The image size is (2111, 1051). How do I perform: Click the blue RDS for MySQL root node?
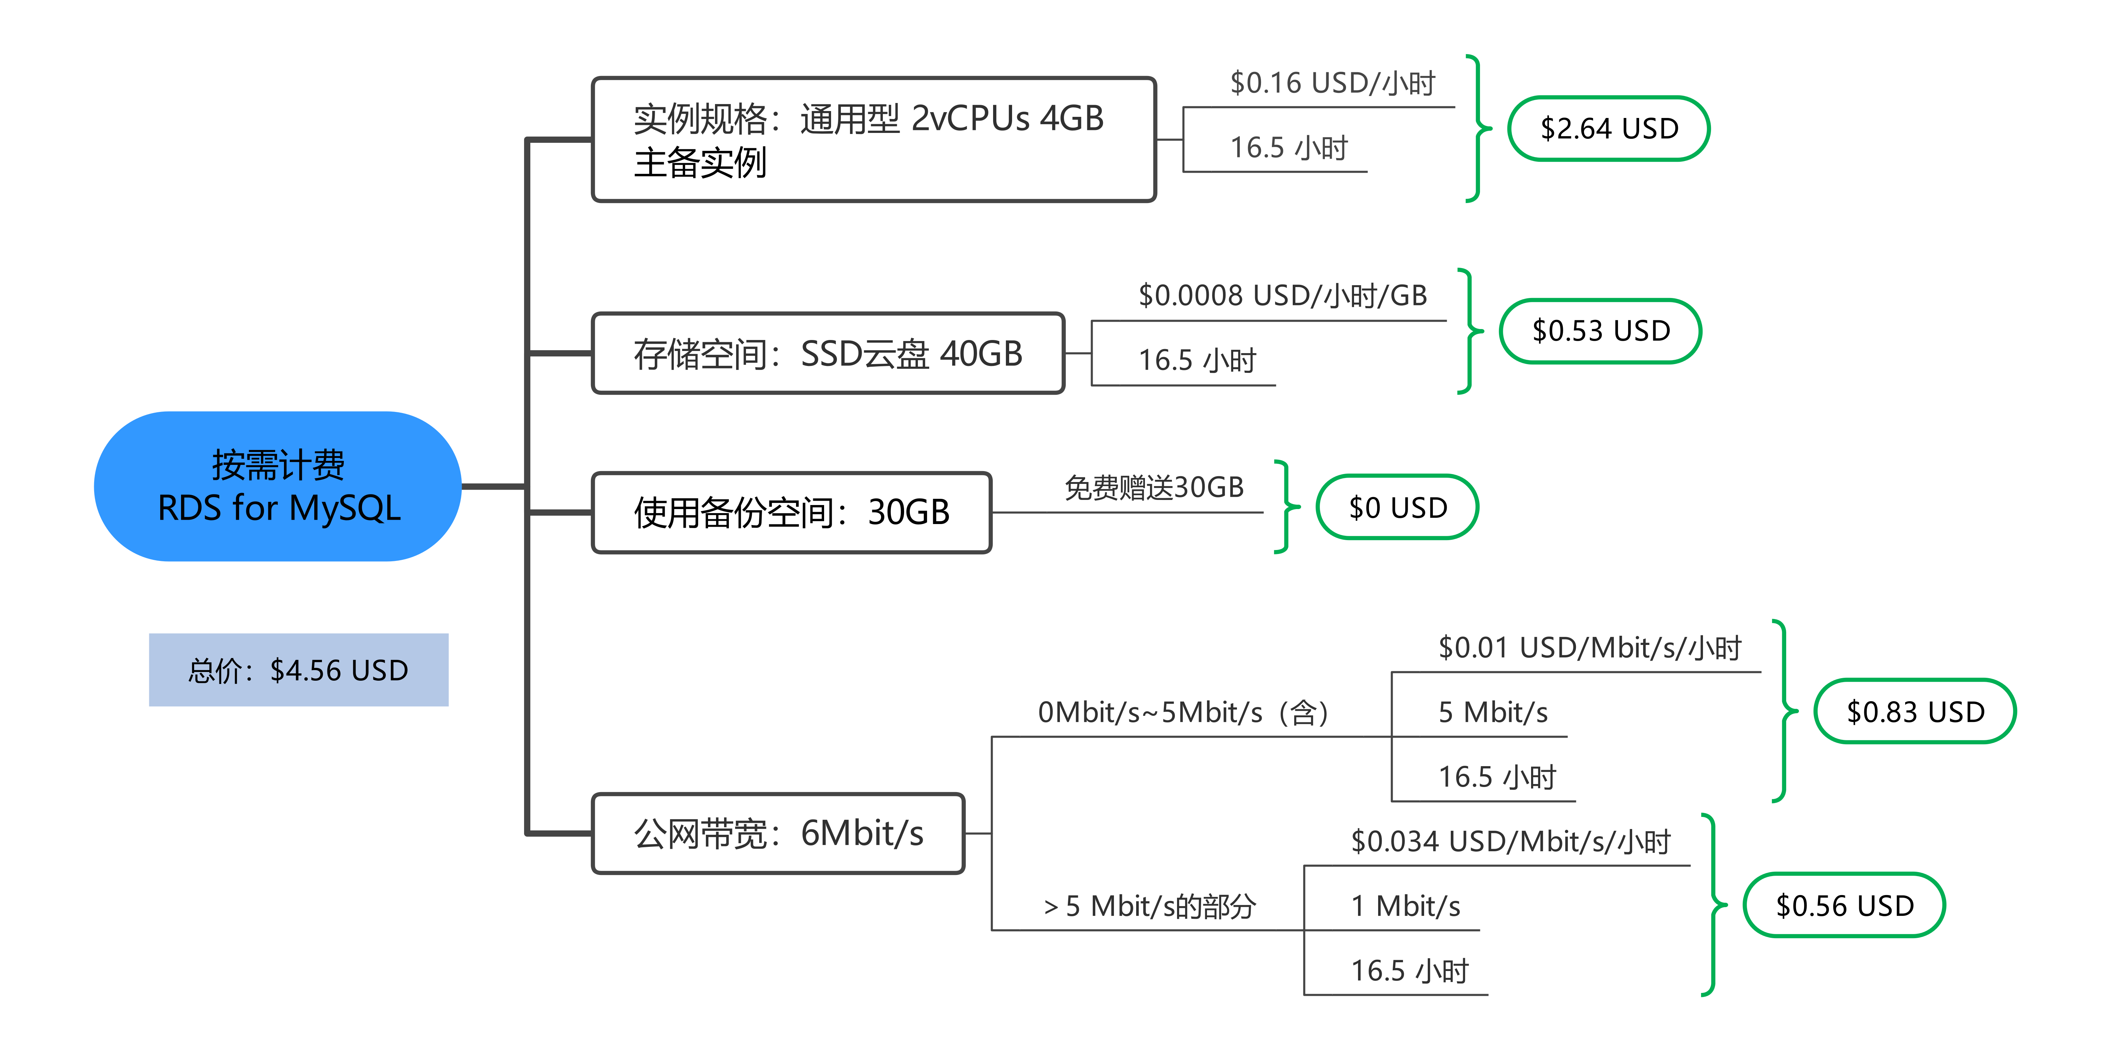(278, 486)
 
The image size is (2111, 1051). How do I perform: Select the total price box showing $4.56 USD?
(298, 670)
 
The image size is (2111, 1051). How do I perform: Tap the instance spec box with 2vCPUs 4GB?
(874, 140)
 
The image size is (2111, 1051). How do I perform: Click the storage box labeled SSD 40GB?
(828, 353)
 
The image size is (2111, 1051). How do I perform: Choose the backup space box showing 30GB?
(792, 512)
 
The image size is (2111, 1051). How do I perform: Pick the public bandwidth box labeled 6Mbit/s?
(778, 834)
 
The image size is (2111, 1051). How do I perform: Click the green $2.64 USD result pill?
(1609, 129)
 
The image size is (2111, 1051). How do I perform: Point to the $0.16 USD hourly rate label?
(1333, 83)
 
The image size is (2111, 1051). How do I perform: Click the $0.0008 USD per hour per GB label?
(1283, 295)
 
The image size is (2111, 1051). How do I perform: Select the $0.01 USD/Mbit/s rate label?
(1590, 647)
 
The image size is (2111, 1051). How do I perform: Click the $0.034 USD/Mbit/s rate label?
(1510, 841)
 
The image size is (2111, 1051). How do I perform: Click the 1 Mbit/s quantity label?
(1406, 906)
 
